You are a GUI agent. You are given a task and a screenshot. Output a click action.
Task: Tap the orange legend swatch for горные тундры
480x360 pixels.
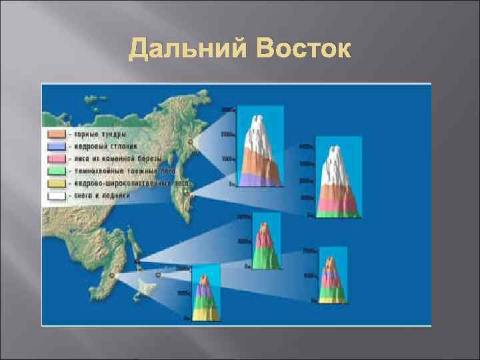(x=55, y=133)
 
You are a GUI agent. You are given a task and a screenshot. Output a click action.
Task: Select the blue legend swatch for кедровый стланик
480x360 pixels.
(x=55, y=145)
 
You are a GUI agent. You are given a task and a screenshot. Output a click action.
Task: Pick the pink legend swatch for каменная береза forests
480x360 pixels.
(x=55, y=158)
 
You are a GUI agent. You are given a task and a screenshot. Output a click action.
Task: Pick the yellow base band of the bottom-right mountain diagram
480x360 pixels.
(x=331, y=299)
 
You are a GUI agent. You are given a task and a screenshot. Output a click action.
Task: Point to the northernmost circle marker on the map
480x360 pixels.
(x=191, y=141)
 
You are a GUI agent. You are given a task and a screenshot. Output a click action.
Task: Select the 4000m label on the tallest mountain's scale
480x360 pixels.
(x=305, y=146)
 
